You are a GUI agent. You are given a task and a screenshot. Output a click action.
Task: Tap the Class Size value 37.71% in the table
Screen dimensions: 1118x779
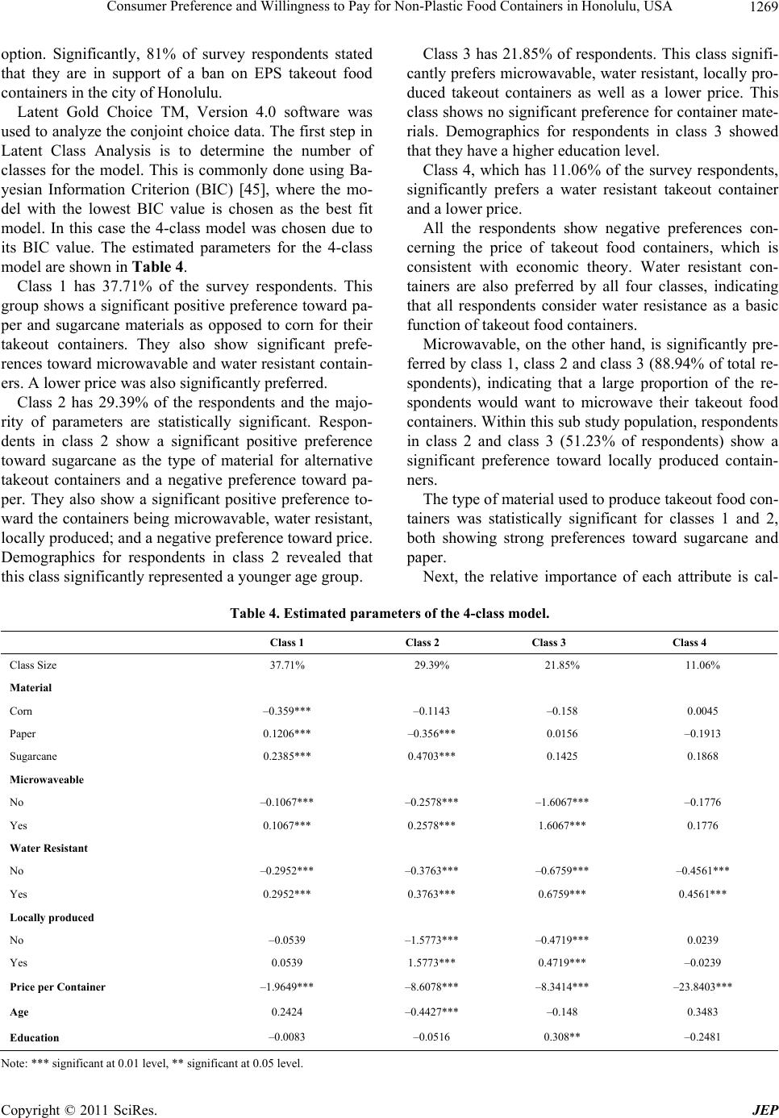click(288, 665)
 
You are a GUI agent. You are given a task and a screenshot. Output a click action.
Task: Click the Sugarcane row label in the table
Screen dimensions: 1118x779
click(34, 757)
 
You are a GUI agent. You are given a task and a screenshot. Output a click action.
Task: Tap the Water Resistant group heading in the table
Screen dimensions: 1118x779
click(48, 849)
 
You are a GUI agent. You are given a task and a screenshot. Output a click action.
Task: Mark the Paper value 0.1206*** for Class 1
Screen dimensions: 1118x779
click(288, 734)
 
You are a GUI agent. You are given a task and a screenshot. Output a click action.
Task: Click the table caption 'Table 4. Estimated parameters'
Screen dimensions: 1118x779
click(389, 590)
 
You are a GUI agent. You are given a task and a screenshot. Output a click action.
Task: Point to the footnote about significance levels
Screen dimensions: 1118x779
click(153, 1063)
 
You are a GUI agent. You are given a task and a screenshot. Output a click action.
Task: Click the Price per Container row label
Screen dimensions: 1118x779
click(57, 987)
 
